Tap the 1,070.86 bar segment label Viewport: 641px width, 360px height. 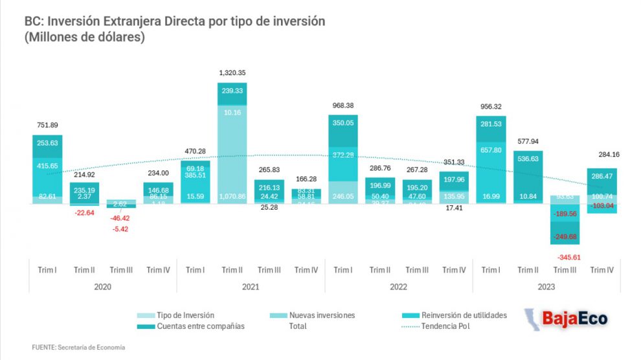coord(232,195)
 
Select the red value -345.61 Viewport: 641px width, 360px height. coord(567,257)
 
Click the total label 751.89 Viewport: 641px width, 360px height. coord(47,125)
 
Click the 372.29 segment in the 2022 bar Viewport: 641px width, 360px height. coord(343,155)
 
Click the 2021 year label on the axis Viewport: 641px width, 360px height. coord(251,286)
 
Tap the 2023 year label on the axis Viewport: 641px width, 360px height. coord(546,286)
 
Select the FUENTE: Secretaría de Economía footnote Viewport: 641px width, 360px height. coord(78,348)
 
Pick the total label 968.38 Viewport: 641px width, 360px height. coord(343,105)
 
